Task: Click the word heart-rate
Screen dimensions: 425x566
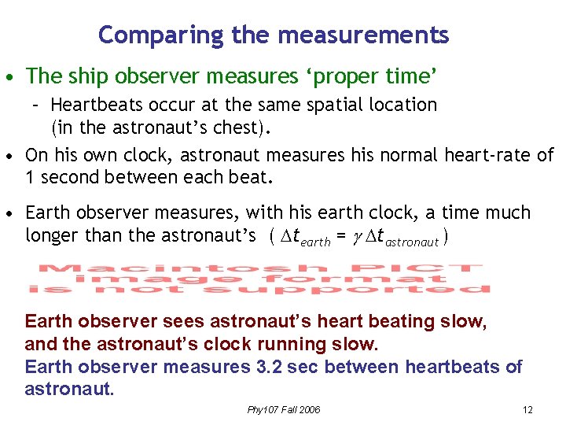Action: point(488,155)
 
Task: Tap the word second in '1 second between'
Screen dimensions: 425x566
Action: point(68,177)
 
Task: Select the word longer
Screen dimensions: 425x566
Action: point(53,235)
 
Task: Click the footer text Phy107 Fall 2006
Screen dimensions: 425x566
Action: point(283,410)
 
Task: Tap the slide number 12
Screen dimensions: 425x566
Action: point(527,410)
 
